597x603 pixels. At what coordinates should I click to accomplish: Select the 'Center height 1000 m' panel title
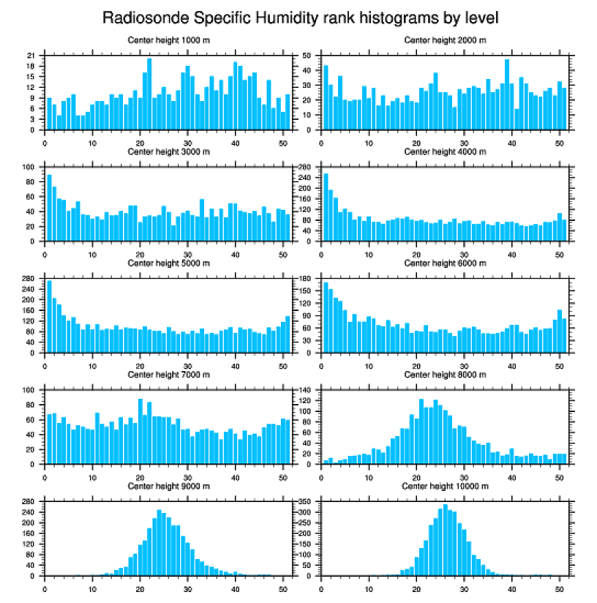168,40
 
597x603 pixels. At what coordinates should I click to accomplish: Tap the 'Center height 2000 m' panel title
445,40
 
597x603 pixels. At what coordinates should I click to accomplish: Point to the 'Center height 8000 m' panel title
445,375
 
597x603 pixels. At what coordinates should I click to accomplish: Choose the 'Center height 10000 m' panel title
445,486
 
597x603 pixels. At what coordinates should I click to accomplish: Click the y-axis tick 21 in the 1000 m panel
31,56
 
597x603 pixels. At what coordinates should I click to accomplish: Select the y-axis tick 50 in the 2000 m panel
308,56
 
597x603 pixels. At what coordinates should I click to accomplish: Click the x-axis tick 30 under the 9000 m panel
188,587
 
